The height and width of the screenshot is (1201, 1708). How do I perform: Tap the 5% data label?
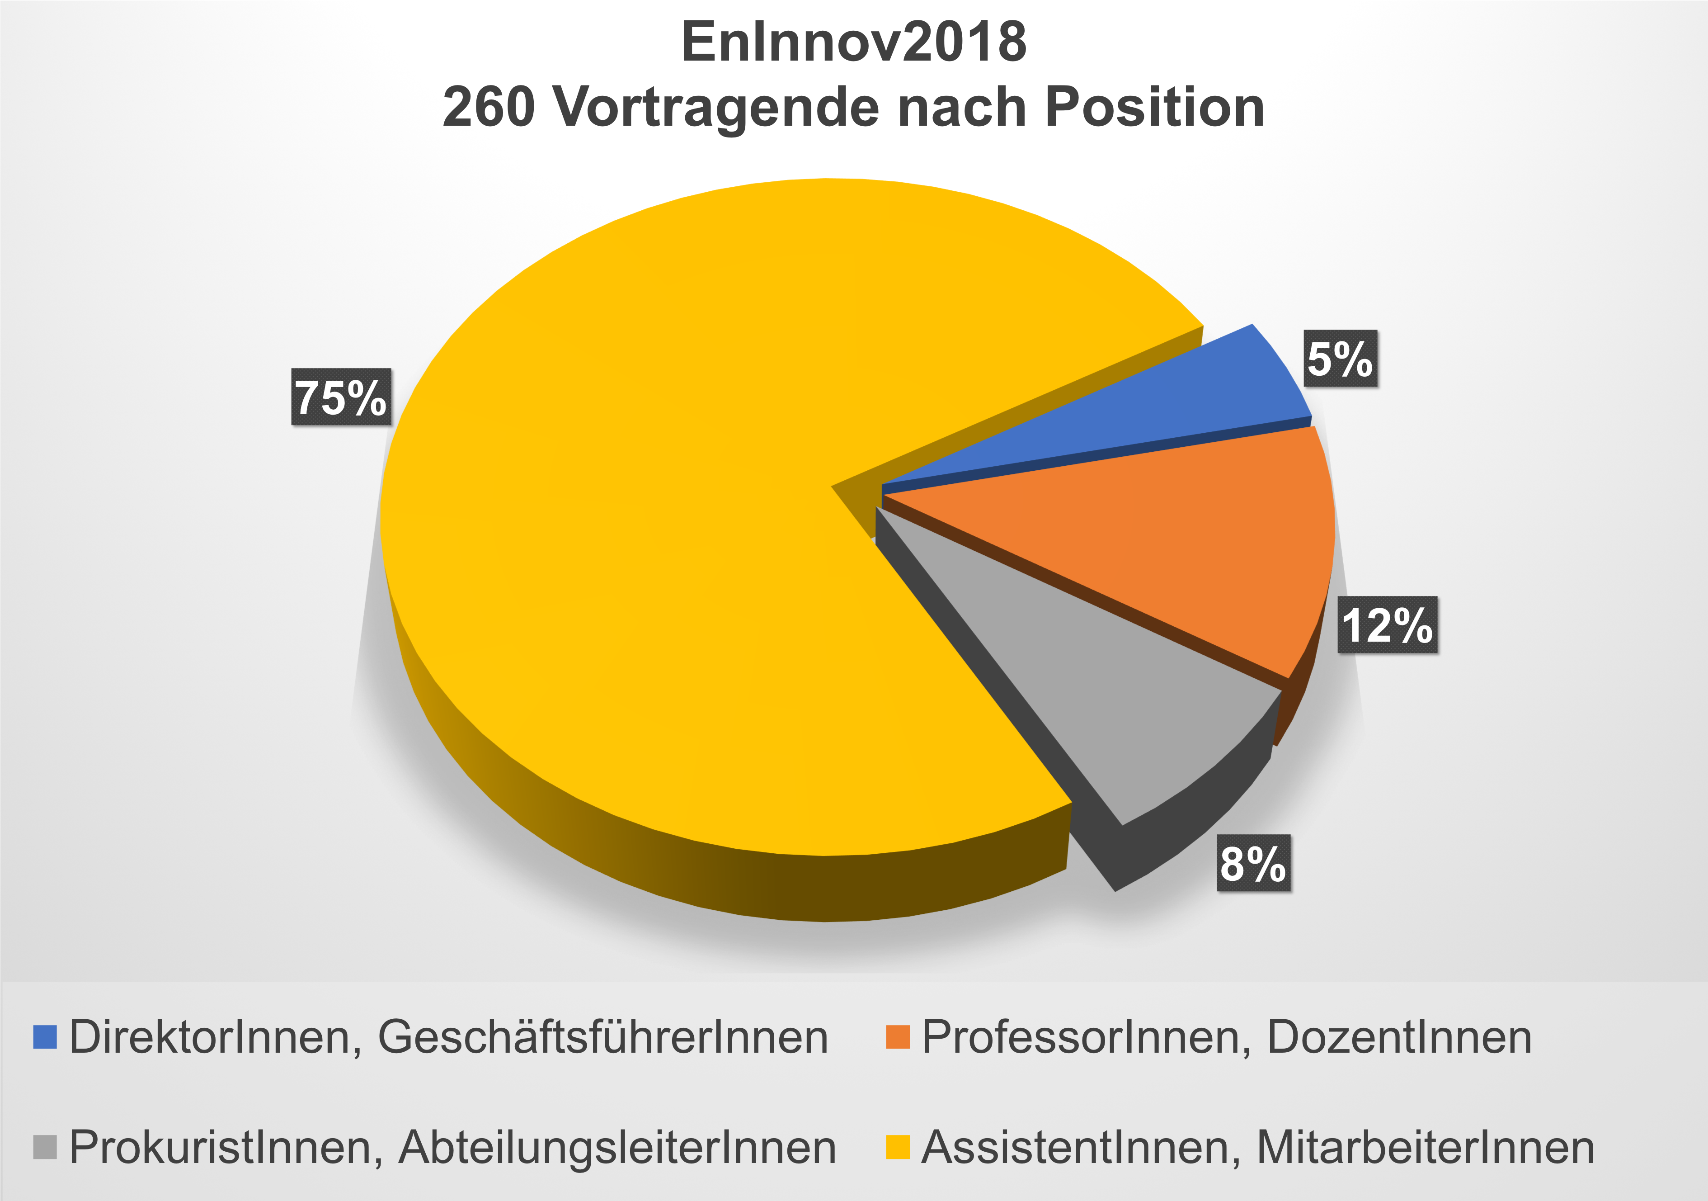(1340, 359)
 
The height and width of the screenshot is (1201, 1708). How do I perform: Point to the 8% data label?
(1253, 863)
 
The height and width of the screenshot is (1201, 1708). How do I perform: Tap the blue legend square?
(45, 1037)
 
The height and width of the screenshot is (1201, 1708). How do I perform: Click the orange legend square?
(898, 1037)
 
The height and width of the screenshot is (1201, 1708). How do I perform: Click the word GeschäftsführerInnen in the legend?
(602, 1037)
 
